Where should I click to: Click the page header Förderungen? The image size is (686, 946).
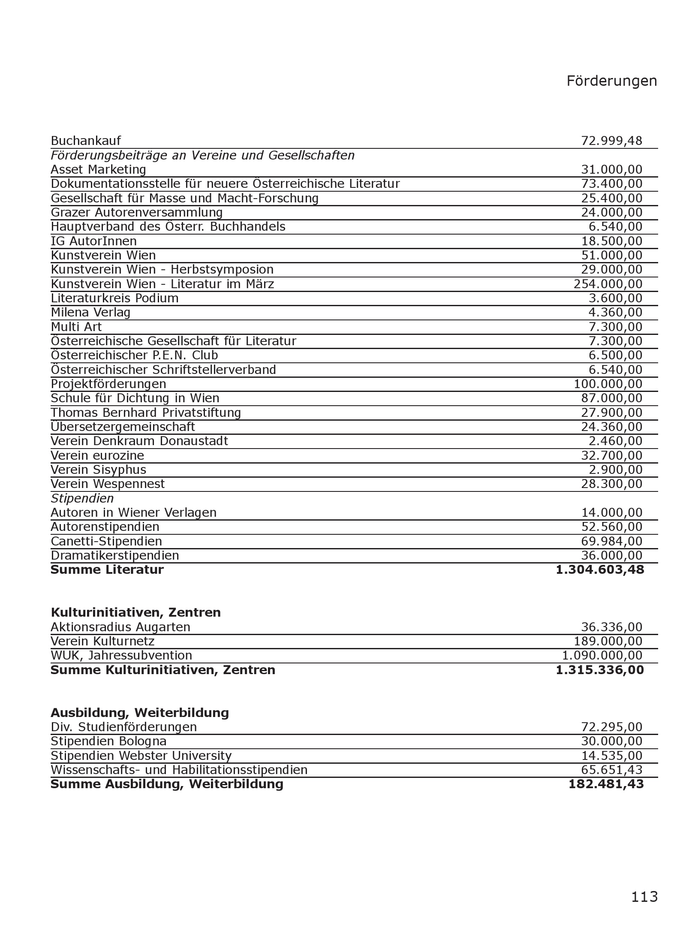click(x=611, y=81)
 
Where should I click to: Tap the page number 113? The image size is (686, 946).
click(x=644, y=896)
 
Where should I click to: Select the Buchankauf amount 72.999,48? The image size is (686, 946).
click(x=611, y=141)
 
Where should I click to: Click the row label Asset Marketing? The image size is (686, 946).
click(x=98, y=169)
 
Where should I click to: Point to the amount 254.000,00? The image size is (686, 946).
click(x=608, y=284)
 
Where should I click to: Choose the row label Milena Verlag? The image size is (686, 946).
click(x=90, y=312)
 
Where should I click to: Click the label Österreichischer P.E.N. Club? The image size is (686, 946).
click(x=134, y=355)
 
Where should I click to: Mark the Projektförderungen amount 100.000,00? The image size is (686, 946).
click(x=608, y=384)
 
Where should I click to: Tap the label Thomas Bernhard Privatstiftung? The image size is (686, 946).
click(x=146, y=413)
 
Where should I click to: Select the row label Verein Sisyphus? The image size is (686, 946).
click(x=98, y=470)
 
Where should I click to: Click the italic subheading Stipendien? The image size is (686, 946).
click(x=82, y=498)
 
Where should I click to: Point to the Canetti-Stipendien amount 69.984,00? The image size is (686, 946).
click(x=611, y=541)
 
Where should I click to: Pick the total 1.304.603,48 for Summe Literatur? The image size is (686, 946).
click(x=599, y=569)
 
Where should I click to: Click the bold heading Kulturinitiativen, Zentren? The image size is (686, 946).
click(x=135, y=612)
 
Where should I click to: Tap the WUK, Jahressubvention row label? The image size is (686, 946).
click(x=121, y=655)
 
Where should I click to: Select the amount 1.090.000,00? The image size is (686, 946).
click(x=602, y=655)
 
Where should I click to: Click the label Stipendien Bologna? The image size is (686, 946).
click(x=108, y=741)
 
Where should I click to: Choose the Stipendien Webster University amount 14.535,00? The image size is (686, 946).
click(x=611, y=756)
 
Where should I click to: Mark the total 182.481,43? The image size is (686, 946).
click(x=606, y=784)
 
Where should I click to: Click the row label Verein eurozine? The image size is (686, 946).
click(x=97, y=455)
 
